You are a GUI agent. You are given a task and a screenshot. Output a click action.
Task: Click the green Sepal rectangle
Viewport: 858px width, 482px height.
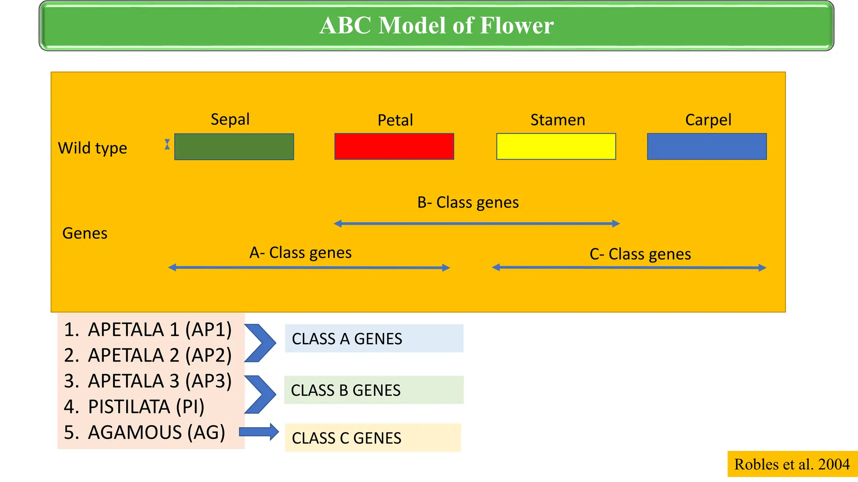[x=234, y=147]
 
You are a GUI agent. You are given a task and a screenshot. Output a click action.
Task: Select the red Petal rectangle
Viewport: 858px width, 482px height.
[x=394, y=147]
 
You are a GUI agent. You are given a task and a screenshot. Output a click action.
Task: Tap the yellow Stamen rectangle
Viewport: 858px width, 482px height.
[x=556, y=147]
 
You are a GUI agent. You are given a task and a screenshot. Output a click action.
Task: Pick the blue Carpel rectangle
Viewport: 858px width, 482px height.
[x=707, y=147]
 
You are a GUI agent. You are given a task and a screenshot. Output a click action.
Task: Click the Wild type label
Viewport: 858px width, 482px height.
[x=93, y=148]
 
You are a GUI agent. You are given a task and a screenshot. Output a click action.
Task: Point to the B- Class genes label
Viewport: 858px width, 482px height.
[x=468, y=203]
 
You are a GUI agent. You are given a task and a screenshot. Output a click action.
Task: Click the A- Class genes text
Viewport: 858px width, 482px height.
[x=300, y=253]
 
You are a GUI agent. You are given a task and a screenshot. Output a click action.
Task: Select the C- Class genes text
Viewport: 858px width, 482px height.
[x=640, y=254]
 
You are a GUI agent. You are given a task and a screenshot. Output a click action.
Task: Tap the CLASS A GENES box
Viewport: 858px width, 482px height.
[x=374, y=338]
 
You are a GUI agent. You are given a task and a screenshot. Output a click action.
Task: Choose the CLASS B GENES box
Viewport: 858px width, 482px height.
[x=374, y=390]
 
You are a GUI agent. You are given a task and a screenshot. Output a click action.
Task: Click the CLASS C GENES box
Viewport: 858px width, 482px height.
[x=373, y=438]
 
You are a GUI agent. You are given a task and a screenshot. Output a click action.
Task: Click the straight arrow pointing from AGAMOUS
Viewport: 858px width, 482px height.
[x=259, y=432]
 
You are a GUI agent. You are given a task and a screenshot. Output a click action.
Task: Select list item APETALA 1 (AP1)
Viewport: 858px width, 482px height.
[x=147, y=330]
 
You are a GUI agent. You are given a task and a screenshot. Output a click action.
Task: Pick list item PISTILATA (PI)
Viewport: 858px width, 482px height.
[x=134, y=407]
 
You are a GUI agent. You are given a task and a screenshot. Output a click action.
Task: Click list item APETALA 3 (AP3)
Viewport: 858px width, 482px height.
[x=147, y=381]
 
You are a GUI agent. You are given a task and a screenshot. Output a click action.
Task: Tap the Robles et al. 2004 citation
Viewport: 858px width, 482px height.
[x=792, y=464]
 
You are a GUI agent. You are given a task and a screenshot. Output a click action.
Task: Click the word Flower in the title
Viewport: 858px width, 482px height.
[x=517, y=26]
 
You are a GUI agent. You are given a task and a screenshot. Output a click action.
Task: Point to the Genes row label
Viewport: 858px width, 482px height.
[x=85, y=233]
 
